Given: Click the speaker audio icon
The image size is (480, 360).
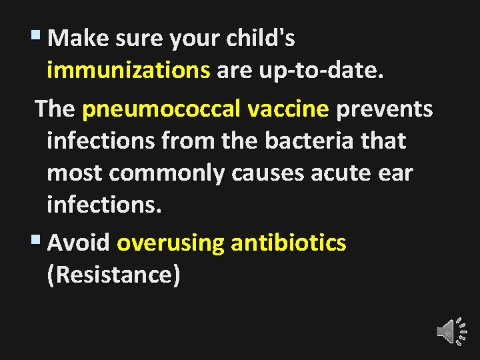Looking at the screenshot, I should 446,332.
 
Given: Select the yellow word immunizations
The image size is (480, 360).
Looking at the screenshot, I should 129,71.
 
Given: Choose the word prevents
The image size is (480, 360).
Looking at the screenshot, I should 385,109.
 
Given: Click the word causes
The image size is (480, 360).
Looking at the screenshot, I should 266,173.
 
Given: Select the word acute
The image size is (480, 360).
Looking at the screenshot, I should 343,173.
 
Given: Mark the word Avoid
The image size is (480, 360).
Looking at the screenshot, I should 79,243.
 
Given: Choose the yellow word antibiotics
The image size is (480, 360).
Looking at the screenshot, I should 289,243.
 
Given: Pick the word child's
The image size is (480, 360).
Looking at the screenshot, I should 260,39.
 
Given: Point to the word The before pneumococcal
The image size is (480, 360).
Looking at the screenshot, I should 55,109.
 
